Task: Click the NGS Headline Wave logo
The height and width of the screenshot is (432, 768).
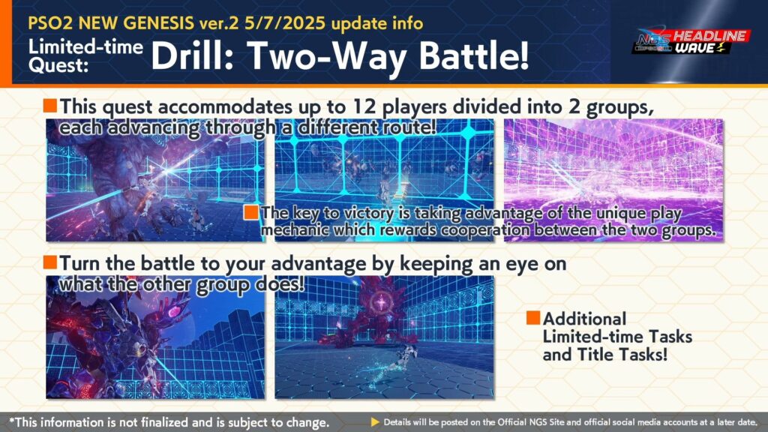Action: pos(691,41)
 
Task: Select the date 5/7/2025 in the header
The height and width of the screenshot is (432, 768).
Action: pos(284,23)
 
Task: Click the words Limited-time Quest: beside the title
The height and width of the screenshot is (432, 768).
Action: pos(85,55)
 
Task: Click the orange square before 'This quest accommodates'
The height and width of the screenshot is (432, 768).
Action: pos(50,105)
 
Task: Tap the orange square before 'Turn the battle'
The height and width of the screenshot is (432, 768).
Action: pos(50,262)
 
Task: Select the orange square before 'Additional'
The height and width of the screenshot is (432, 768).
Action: pos(533,317)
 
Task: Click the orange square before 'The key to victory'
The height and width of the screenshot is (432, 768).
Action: pos(250,212)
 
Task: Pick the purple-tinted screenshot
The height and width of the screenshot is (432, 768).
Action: pos(613,180)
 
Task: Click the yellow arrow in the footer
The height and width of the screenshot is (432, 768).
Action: pos(375,421)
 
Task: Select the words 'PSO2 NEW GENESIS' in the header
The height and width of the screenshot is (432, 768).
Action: pos(111,23)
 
